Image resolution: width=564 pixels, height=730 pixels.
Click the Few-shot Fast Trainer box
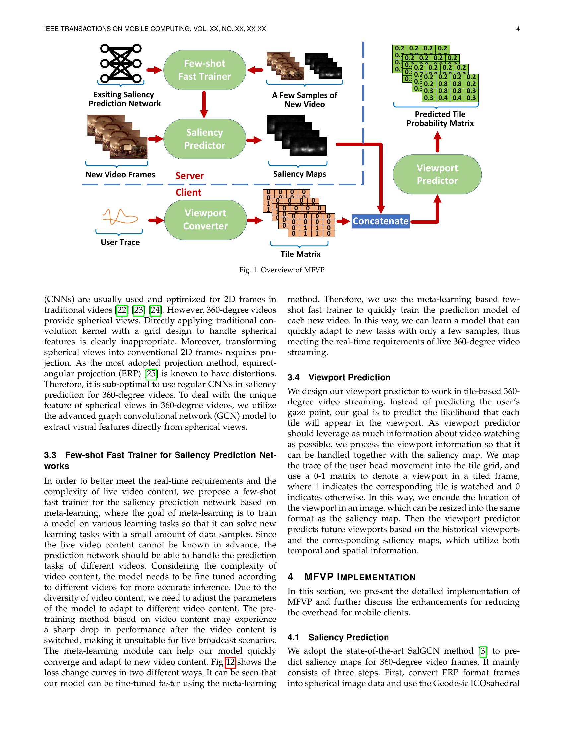point(204,70)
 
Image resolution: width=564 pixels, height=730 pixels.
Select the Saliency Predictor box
point(204,139)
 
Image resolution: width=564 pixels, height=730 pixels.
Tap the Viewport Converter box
point(205,220)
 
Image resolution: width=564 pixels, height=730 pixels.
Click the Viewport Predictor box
point(437,174)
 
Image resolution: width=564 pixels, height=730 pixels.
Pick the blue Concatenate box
point(381,221)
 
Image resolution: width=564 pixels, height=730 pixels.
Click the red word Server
point(189,176)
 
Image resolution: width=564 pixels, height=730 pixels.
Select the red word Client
point(188,192)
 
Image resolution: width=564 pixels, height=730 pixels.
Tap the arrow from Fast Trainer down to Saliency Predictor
point(204,104)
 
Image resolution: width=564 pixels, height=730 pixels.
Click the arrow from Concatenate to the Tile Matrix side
point(343,221)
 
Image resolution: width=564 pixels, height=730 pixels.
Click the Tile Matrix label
point(300,254)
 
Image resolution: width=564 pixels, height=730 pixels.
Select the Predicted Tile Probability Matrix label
point(440,119)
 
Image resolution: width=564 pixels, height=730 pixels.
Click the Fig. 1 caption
point(282,270)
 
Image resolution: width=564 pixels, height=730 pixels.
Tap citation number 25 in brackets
point(151,374)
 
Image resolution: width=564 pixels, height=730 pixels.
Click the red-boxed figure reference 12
point(231,662)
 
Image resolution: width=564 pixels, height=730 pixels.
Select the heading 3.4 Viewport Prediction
point(339,377)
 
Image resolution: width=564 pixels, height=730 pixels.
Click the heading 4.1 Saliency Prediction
point(338,637)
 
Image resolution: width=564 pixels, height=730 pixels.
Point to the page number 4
point(518,29)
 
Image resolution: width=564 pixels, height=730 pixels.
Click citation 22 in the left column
point(122,310)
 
